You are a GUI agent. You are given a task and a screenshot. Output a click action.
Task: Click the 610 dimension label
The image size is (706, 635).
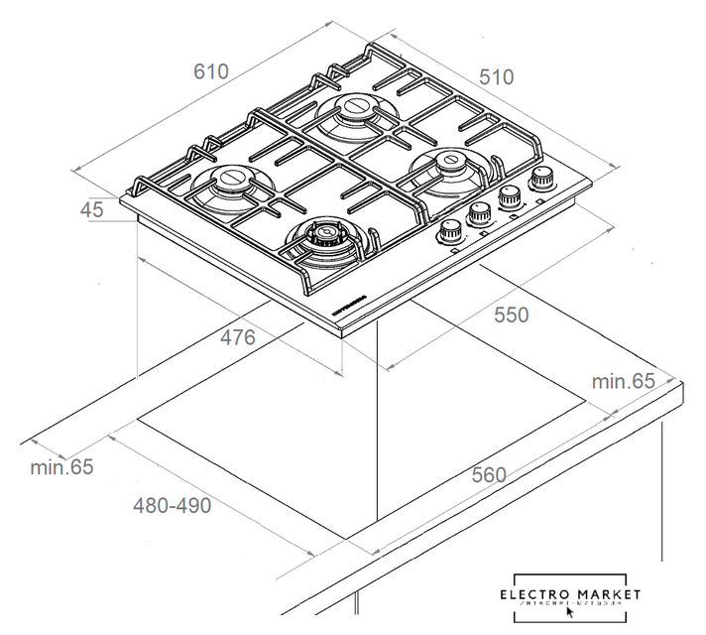pyautogui.click(x=211, y=71)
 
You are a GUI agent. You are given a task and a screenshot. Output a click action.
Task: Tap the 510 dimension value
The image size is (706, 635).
pyautogui.click(x=496, y=76)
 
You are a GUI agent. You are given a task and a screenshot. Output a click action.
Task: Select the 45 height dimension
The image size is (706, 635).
pyautogui.click(x=92, y=209)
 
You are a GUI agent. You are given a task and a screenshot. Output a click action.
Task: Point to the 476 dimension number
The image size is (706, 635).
pyautogui.click(x=238, y=337)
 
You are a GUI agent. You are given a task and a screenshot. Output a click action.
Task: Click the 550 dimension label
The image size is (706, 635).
pyautogui.click(x=512, y=315)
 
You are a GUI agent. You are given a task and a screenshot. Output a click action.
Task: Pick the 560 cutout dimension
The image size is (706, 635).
pyautogui.click(x=489, y=474)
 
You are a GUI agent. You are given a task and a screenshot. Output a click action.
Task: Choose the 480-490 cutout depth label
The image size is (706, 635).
pyautogui.click(x=173, y=505)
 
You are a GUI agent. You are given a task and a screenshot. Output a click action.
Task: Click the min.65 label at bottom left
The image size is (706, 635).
pyautogui.click(x=61, y=466)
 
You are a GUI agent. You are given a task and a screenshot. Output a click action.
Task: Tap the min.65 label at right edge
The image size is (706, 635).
pyautogui.click(x=624, y=381)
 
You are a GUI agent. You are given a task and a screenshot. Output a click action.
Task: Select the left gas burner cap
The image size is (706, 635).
pyautogui.click(x=232, y=181)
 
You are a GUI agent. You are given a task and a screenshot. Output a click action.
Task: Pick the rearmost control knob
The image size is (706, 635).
pyautogui.click(x=542, y=180)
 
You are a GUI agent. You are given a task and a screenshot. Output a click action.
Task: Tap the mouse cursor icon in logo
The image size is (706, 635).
pyautogui.click(x=569, y=612)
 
